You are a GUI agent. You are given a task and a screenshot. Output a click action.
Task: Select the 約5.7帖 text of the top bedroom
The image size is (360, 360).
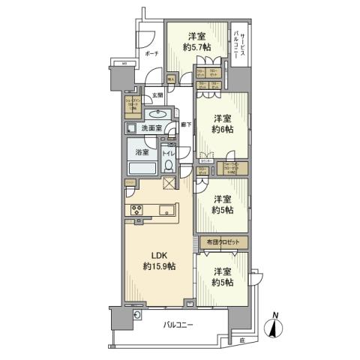click(x=196, y=47)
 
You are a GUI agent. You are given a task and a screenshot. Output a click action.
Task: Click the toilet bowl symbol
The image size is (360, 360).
click(x=169, y=166)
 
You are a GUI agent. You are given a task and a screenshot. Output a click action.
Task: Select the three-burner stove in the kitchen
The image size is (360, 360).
click(x=138, y=209)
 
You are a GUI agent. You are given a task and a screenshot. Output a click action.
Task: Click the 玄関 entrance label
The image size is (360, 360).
click(x=157, y=95)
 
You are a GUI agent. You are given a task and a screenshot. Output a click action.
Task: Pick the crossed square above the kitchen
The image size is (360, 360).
click(x=169, y=184)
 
